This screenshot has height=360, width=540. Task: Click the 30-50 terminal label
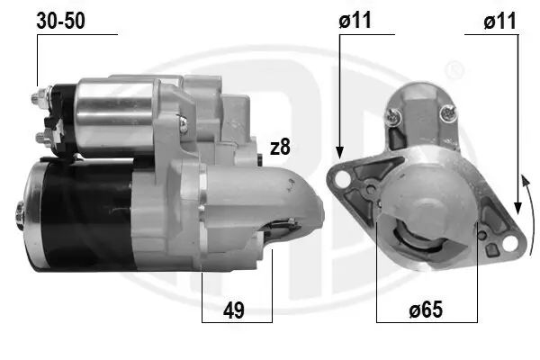point(60,21)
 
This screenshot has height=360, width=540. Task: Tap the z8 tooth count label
point(280,147)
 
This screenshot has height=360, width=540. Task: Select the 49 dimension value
point(234,310)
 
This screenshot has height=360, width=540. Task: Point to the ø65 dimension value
point(426,310)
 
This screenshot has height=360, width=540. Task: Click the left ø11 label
point(355,21)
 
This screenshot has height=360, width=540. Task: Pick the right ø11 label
point(499,21)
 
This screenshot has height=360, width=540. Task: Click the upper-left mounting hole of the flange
point(341,178)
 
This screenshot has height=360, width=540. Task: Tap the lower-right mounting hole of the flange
point(509,243)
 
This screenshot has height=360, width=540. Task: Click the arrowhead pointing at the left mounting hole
point(339,152)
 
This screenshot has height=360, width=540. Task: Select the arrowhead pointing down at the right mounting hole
point(517,208)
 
